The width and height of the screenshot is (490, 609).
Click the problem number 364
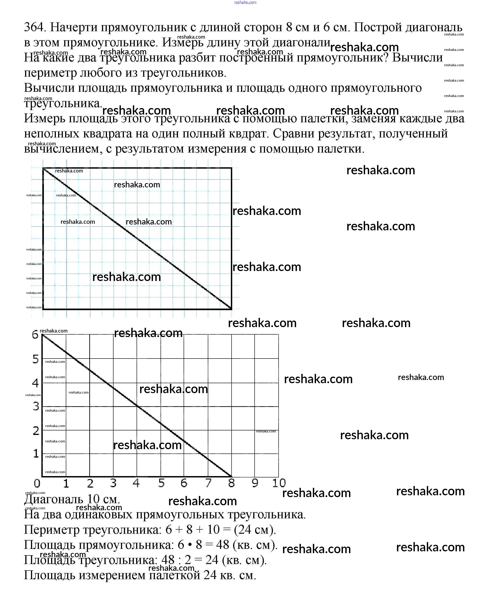[34, 27]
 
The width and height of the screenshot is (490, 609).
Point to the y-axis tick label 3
[36, 406]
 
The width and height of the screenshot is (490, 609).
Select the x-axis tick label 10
[279, 483]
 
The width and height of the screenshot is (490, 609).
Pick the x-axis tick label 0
[37, 484]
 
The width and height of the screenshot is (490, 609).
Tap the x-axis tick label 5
[161, 483]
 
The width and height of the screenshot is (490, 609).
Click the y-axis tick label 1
[36, 454]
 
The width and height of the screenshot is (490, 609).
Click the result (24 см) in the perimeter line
[255, 530]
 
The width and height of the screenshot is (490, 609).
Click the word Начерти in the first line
[74, 27]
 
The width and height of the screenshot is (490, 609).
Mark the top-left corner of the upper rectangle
[43, 168]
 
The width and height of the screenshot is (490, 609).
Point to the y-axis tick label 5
[36, 359]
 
